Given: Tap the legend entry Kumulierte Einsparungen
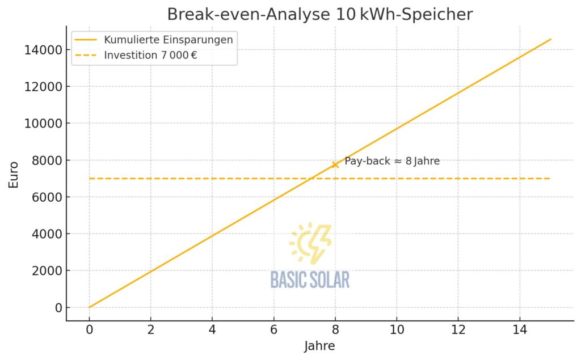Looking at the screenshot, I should [x=168, y=40].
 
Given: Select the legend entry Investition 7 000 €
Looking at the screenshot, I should [x=150, y=56].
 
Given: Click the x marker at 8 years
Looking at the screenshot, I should [x=335, y=164].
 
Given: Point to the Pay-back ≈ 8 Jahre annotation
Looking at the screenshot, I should [x=391, y=161].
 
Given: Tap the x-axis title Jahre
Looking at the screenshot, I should [x=319, y=345].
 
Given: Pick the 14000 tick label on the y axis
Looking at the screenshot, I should [x=43, y=50].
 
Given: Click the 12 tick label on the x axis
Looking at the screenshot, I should [x=458, y=329].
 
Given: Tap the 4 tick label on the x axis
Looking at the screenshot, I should [x=212, y=329].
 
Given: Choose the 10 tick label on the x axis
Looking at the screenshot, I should [x=397, y=329].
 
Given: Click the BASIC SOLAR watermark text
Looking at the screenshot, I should [x=310, y=279].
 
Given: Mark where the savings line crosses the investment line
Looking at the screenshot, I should [x=311, y=179].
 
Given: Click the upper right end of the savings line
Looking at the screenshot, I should [x=550, y=40].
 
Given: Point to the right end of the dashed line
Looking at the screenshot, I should [x=549, y=179].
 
